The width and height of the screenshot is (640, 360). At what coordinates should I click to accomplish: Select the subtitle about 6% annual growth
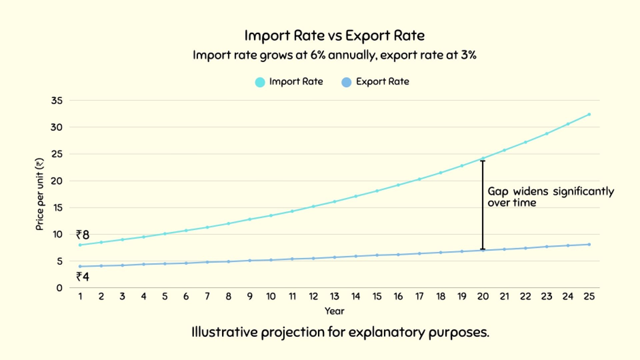point(334,55)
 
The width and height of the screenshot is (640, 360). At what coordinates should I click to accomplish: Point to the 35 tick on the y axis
point(56,101)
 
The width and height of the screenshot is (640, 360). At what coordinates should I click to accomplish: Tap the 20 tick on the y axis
point(56,181)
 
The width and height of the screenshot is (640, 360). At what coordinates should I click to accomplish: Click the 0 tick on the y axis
point(59,288)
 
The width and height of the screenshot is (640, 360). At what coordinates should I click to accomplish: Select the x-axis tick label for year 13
point(334,297)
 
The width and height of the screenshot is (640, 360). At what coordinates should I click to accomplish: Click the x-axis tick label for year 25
point(589,297)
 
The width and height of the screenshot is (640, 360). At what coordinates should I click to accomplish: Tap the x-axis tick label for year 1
point(80,297)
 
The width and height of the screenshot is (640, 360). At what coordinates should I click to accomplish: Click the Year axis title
point(334,311)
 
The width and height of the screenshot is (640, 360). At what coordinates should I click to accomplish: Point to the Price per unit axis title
point(39,194)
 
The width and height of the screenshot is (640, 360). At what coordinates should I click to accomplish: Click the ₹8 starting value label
point(82,235)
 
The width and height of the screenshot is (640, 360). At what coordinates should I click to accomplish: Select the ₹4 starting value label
point(82,276)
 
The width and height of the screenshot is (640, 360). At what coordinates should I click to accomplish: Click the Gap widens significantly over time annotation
point(550,197)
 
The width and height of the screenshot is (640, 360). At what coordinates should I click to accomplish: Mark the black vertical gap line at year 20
point(483,204)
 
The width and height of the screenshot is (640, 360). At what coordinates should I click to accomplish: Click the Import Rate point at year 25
point(589,114)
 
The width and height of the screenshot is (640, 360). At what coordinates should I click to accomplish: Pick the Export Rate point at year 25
point(589,244)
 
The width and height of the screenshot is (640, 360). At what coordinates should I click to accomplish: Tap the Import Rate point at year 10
point(271,216)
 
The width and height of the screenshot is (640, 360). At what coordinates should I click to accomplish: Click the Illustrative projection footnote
point(340,333)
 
